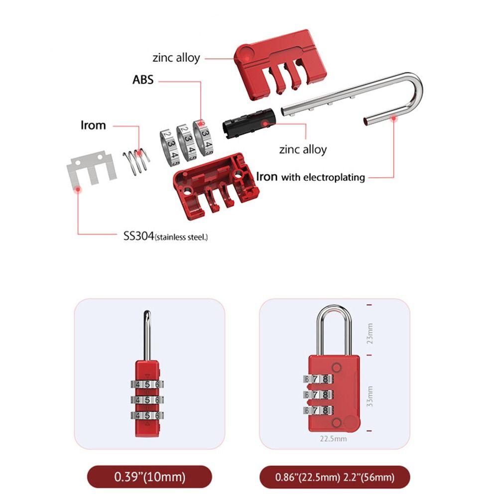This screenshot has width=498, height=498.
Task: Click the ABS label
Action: pos(143,80)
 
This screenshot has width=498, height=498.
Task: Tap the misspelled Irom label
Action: pos(93,124)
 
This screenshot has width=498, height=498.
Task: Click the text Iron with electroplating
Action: pos(310,177)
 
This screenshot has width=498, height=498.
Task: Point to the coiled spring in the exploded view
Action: pos(136,160)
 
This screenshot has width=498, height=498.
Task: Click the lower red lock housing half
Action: pos(214,184)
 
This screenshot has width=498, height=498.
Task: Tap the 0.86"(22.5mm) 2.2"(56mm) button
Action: pos(334,477)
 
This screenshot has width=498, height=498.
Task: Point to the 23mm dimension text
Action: pos(370,334)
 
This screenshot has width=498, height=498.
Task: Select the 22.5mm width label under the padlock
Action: pos(333,439)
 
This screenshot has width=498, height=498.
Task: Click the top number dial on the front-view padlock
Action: pos(317,379)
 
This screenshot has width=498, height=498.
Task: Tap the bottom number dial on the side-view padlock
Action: pos(146,415)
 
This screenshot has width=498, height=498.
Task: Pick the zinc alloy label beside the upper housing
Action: pos(176,57)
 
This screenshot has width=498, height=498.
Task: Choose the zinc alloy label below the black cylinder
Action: pos(303,149)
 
